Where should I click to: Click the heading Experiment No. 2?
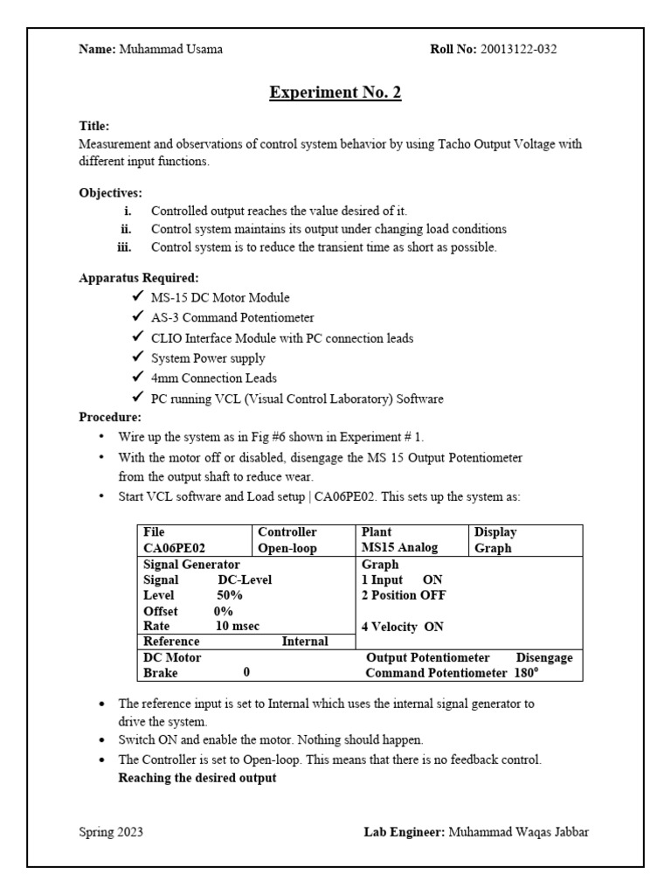335,93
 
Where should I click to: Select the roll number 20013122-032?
516,49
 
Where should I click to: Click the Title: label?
94,126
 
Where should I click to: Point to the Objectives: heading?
110,192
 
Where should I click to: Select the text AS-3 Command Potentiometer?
232,318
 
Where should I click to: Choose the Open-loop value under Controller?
288,549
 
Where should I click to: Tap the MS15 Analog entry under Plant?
399,549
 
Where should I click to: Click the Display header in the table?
495,532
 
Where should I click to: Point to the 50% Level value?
231,595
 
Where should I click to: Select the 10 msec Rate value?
237,626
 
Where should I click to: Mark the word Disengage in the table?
543,657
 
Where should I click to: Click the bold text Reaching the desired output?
197,778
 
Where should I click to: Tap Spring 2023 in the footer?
111,832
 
